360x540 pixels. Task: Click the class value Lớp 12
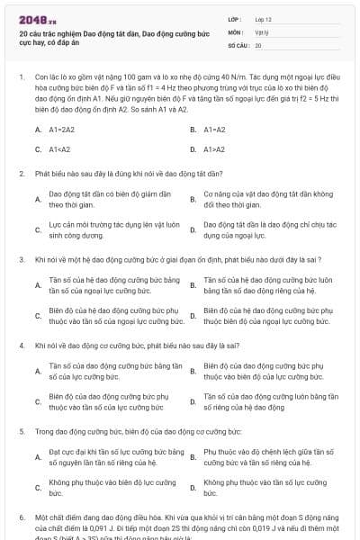pyautogui.click(x=263, y=18)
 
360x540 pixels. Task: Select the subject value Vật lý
pyautogui.click(x=261, y=31)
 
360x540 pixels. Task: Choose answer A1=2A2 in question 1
pyautogui.click(x=61, y=130)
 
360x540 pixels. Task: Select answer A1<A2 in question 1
pyautogui.click(x=59, y=149)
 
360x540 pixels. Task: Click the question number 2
pyautogui.click(x=22, y=173)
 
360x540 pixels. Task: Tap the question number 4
pyautogui.click(x=22, y=346)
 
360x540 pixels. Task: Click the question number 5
pyautogui.click(x=22, y=432)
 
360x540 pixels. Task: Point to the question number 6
pyautogui.click(x=22, y=518)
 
